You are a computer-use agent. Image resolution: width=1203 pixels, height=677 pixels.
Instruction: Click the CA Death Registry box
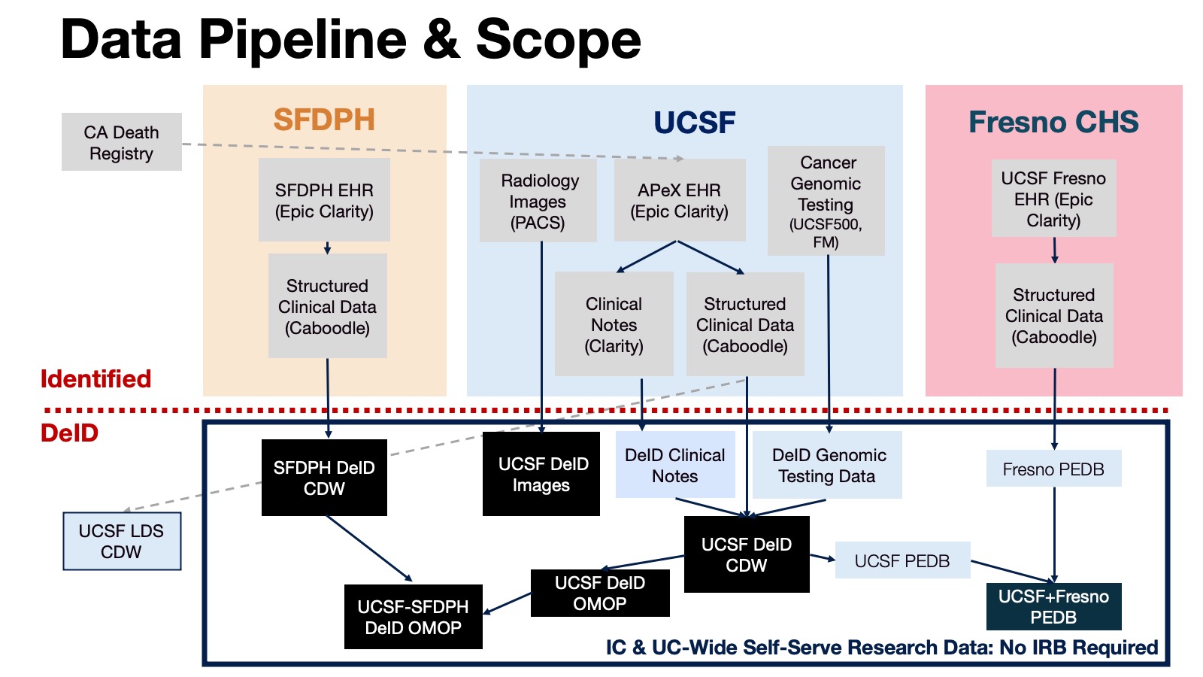[121, 142]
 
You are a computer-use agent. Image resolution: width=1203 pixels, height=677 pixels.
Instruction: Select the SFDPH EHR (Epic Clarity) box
[324, 200]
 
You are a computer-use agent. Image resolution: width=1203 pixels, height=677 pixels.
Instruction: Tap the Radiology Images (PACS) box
[538, 201]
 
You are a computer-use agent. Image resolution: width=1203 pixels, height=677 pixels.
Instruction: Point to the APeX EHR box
[680, 200]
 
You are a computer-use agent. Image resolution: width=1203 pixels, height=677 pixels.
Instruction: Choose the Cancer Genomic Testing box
[826, 201]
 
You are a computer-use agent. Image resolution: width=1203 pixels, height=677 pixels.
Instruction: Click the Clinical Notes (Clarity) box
[614, 324]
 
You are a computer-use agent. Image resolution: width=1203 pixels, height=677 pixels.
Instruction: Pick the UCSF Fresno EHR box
[1053, 199]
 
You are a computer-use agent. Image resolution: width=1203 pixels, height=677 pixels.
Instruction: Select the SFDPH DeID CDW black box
[324, 478]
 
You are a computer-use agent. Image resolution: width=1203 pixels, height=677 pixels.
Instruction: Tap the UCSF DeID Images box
[541, 474]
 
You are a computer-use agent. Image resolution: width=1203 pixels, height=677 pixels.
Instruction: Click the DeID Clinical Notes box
[674, 465]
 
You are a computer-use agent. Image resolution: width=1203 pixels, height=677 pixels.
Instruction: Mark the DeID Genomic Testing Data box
[827, 465]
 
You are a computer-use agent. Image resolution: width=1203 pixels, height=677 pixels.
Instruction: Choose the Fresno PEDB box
[1053, 469]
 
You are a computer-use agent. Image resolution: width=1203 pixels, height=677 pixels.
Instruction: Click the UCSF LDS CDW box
[121, 541]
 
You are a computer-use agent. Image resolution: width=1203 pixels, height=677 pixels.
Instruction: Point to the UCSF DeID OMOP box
[599, 593]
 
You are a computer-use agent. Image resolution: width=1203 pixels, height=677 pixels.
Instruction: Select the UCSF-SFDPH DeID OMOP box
[413, 617]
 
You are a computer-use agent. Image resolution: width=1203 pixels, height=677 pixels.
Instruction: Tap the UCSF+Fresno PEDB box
[1053, 606]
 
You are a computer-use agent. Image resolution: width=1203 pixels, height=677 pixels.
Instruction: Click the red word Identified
[95, 378]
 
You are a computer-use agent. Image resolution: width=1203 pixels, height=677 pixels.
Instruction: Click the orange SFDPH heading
[324, 120]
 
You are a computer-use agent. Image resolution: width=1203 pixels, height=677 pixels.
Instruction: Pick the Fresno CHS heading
[1053, 122]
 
